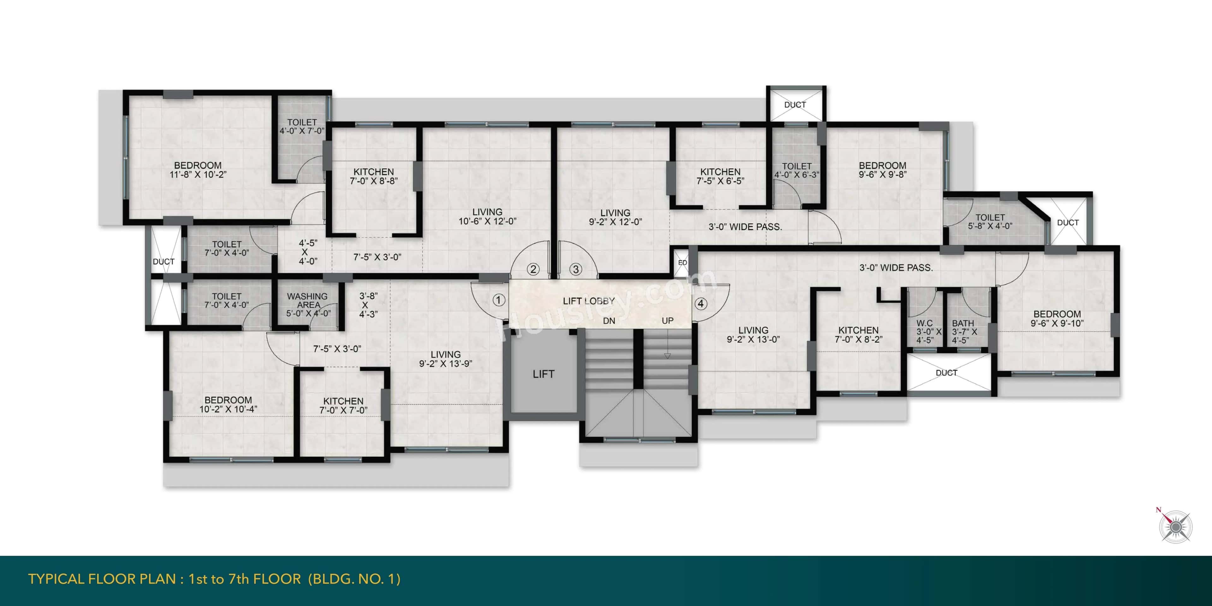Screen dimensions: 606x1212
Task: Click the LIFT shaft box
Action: click(544, 374)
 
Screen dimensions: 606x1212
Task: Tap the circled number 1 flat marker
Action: click(499, 300)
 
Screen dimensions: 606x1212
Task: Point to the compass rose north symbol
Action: click(1175, 526)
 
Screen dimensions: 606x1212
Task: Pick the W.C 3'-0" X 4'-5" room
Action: click(925, 331)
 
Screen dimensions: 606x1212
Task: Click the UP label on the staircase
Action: click(667, 321)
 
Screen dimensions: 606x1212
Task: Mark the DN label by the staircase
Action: click(609, 321)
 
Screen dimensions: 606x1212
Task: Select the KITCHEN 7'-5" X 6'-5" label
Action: click(720, 176)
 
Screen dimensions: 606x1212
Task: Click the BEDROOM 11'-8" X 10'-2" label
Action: click(198, 170)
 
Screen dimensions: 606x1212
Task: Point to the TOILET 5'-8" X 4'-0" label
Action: click(990, 221)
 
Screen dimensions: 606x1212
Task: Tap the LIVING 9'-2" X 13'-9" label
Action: click(446, 359)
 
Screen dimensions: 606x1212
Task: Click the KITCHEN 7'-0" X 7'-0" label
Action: click(343, 405)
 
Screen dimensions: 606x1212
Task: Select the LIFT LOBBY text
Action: click(589, 301)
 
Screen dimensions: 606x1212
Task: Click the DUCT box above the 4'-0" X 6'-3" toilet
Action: click(795, 104)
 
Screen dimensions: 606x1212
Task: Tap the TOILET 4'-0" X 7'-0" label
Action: click(302, 126)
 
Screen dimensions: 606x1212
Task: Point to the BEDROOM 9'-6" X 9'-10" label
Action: click(1057, 318)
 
